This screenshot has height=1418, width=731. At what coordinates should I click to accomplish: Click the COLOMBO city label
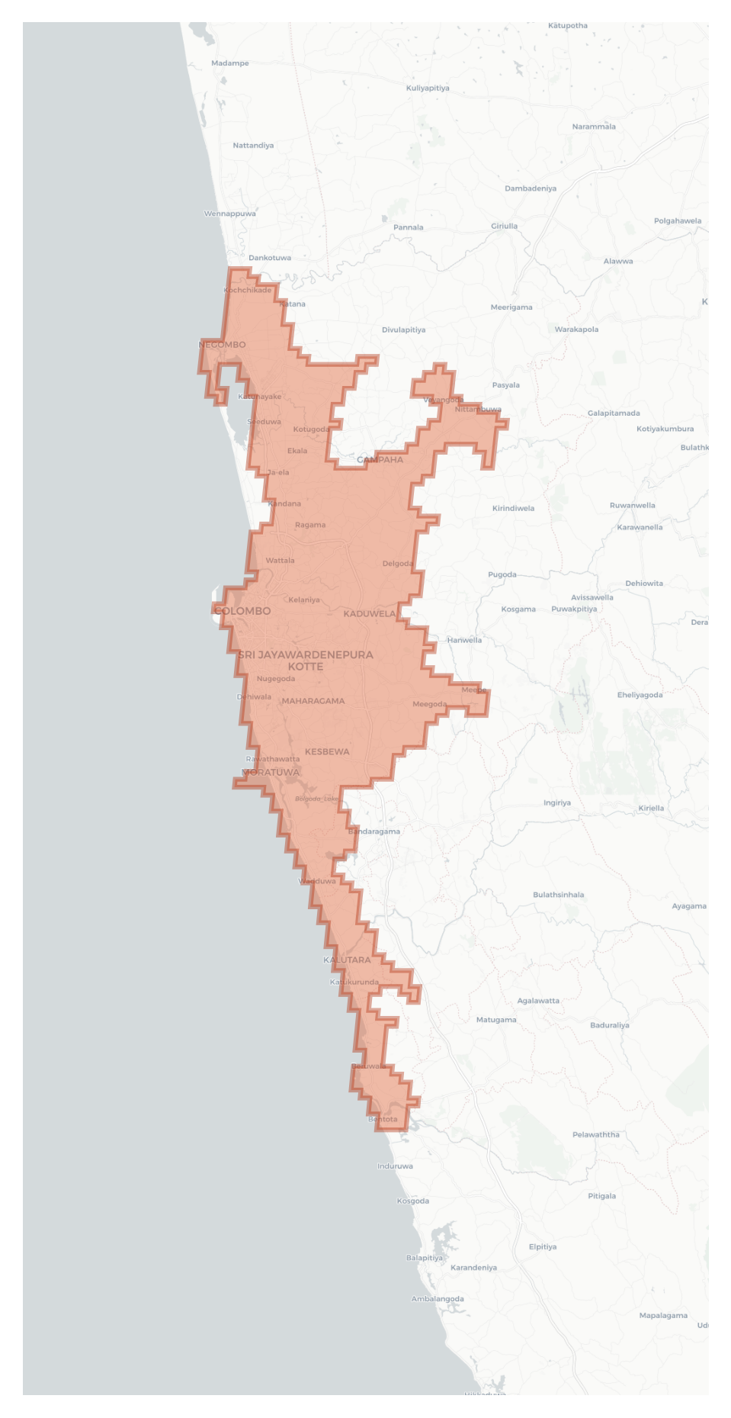242,611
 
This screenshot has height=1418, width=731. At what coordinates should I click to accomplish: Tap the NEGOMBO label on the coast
222,345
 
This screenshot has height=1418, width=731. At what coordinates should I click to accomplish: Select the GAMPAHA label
380,459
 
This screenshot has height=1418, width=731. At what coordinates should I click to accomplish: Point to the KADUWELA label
370,613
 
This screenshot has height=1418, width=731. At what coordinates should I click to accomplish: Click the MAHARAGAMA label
313,701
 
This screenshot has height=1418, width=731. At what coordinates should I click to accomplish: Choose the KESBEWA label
327,751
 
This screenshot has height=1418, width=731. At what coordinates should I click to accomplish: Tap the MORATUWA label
271,772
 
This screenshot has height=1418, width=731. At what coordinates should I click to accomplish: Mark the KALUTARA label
347,960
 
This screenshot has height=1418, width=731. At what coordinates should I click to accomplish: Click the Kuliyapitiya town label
428,88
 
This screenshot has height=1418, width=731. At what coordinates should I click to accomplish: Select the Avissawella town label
592,597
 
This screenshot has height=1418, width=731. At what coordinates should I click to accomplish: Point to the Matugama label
496,1020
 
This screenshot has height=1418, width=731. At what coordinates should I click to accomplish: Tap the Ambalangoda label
438,1299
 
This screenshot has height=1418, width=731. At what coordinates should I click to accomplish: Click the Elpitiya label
543,1246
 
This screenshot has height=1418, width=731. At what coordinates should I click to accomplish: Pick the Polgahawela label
678,221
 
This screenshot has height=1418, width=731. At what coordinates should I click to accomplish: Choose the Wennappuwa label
230,214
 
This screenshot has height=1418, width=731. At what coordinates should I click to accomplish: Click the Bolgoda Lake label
316,799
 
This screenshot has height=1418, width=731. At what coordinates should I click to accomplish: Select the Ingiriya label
557,802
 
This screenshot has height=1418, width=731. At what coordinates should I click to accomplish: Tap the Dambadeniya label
531,188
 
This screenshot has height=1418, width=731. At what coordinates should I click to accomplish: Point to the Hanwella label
464,640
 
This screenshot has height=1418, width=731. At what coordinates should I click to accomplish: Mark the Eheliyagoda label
640,695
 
